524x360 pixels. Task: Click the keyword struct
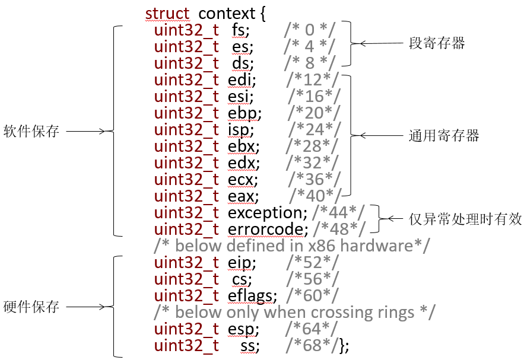pyautogui.click(x=167, y=14)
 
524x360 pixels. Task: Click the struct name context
pyautogui.click(x=227, y=14)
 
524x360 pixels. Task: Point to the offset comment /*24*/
pyautogui.click(x=315, y=129)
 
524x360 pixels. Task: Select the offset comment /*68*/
pyautogui.click(x=312, y=346)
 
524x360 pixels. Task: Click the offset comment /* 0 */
pyautogui.click(x=309, y=30)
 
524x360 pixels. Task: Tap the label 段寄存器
pyautogui.click(x=437, y=43)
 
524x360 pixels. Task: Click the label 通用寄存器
pyautogui.click(x=444, y=136)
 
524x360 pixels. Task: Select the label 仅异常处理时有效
pyautogui.click(x=465, y=219)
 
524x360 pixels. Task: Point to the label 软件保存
pyautogui.click(x=31, y=131)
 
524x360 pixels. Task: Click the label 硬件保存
pyautogui.click(x=31, y=307)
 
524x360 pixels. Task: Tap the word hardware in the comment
pyautogui.click(x=376, y=246)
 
